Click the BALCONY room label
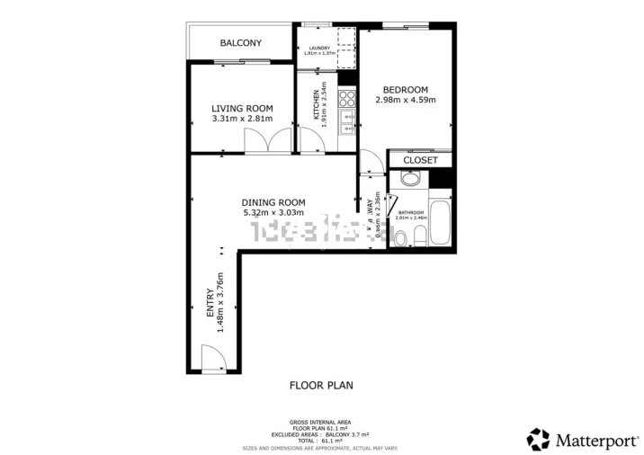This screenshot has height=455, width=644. click(241, 43)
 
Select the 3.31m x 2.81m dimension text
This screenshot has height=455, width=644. click(242, 119)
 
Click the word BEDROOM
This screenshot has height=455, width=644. click(405, 89)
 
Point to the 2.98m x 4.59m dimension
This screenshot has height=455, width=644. click(405, 100)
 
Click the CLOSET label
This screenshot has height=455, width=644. click(420, 160)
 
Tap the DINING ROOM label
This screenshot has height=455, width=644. click(273, 202)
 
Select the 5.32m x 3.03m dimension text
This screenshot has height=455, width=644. click(273, 213)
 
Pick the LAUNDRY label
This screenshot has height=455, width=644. click(318, 48)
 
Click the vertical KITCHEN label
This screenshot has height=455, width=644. click(316, 105)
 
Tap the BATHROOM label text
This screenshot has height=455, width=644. click(412, 213)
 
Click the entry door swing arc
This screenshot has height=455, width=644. click(212, 360)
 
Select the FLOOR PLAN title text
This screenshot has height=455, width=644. click(321, 385)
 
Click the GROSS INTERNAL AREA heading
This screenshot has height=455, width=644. click(321, 422)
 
